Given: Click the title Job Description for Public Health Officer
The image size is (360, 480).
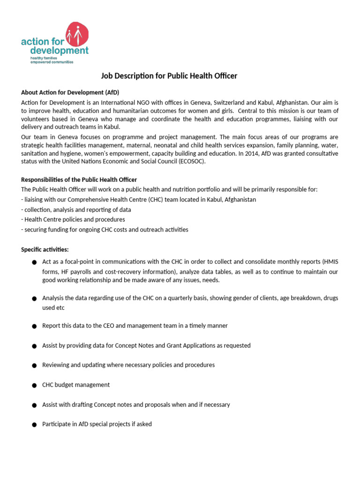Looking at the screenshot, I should point(169,76).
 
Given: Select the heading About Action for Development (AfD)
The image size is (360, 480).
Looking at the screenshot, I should point(73,92).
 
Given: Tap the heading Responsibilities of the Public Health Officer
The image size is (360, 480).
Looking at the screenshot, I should point(79,180).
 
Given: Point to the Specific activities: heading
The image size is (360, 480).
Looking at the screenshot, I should point(45,249).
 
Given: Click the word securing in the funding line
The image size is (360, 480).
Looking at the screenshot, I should point(36,230).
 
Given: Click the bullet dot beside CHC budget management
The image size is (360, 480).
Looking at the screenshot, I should point(34,385).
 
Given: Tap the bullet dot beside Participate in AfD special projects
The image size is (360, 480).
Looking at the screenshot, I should point(34,425).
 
